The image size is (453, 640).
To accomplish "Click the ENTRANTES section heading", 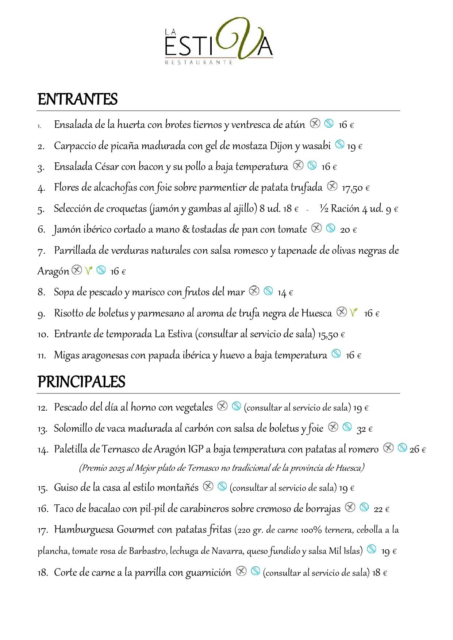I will click(77, 100).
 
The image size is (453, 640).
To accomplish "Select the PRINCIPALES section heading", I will click(81, 382).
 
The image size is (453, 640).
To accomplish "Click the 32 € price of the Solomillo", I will click(364, 429).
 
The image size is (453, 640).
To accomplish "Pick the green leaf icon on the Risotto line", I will click(353, 313).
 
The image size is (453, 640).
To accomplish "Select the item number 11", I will click(42, 355).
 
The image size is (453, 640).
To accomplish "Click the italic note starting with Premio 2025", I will click(222, 468).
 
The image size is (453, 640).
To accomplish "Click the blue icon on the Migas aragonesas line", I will click(337, 353).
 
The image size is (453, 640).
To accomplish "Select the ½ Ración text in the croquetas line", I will click(339, 209).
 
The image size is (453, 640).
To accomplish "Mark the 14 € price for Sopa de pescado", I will click(285, 292).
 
